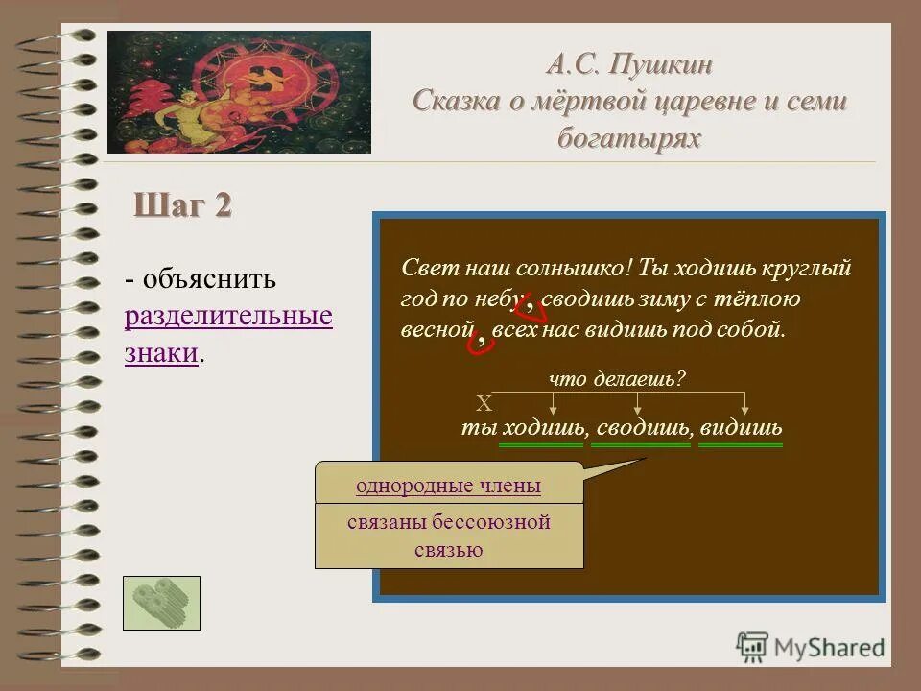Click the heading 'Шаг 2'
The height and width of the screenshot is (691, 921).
[182, 206]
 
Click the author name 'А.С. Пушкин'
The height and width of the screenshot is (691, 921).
[630, 65]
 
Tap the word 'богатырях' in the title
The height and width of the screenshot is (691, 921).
[629, 138]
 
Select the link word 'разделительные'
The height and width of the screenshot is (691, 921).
[228, 317]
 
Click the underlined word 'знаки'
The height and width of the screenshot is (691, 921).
[161, 353]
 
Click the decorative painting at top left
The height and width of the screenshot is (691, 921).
[239, 92]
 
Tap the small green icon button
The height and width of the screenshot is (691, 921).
[161, 603]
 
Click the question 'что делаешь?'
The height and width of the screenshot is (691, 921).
[617, 378]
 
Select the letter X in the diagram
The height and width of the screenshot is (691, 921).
[484, 403]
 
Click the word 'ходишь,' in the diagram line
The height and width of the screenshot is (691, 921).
[542, 428]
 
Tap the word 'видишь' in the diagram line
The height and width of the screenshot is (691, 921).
[741, 428]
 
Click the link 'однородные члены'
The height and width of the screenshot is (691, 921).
[448, 486]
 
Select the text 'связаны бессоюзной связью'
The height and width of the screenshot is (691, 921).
[448, 536]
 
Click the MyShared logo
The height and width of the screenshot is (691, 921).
[810, 646]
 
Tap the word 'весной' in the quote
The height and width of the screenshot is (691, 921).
[437, 329]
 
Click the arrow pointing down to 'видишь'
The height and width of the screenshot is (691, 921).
[745, 403]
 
